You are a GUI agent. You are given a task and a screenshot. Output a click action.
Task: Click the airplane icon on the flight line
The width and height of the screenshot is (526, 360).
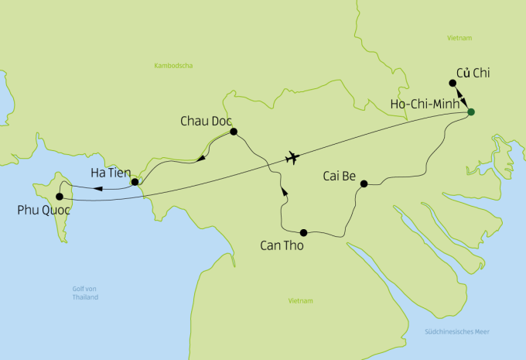point(292,158)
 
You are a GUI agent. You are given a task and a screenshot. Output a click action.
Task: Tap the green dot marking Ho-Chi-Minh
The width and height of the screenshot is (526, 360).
point(470,114)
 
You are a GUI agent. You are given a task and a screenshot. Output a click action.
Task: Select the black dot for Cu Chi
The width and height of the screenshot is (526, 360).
point(453,83)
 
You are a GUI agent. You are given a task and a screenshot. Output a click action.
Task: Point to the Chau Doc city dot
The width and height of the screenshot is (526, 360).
point(234,132)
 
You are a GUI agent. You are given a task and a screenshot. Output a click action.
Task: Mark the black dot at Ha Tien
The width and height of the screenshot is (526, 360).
point(135,182)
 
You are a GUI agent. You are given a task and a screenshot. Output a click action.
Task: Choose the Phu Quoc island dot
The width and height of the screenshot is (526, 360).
point(60,197)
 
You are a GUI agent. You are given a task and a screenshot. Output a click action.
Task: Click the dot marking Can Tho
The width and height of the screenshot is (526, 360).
point(303,232)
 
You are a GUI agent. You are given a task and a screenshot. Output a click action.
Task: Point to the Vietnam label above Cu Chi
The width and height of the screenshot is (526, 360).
point(459,37)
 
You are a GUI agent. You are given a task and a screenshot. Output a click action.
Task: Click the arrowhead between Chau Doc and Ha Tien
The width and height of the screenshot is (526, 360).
point(200,159)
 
